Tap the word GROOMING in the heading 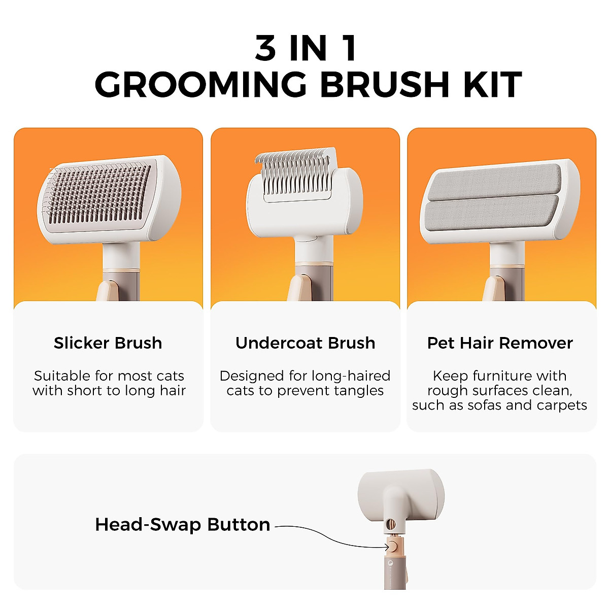point(201,85)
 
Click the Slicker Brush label point(108,343)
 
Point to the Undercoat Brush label point(305,343)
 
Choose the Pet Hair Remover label point(500,343)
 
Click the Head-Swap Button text point(182,524)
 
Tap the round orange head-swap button point(394,547)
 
